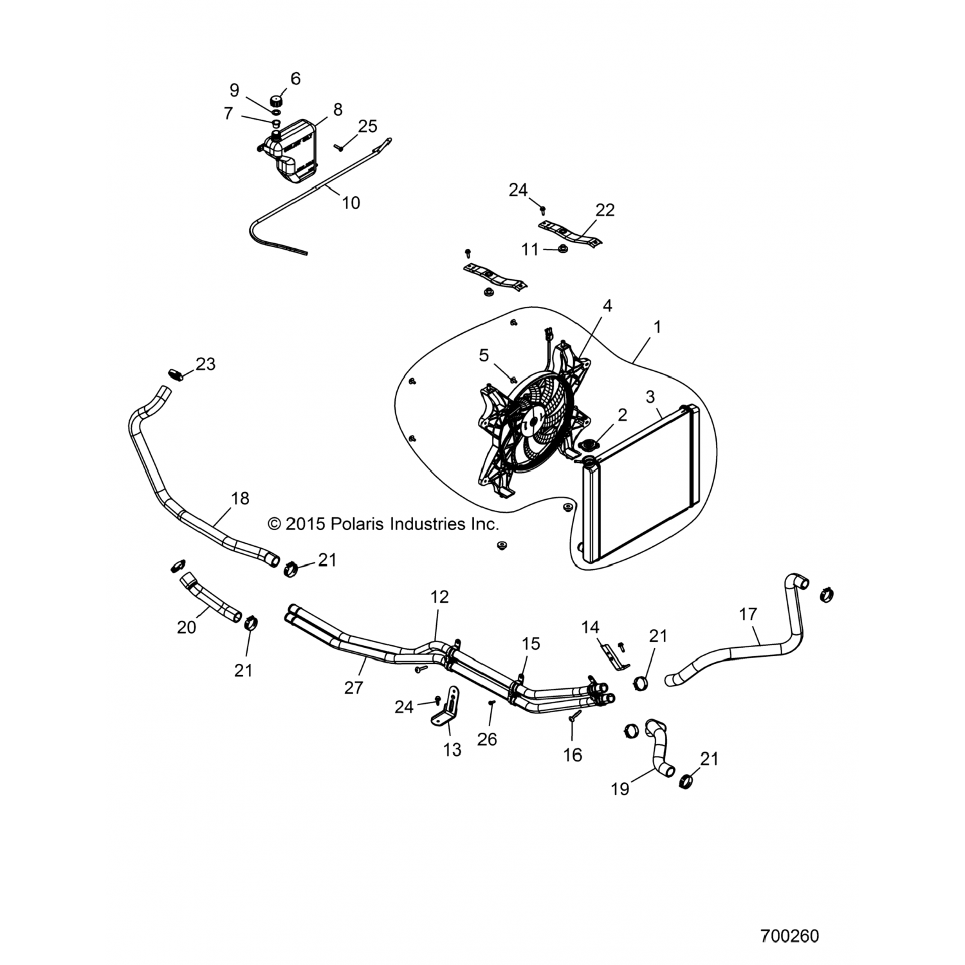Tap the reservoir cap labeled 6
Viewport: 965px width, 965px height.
277,102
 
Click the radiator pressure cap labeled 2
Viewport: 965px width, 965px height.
589,446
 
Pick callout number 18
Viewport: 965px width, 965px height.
240,499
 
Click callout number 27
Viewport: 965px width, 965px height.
353,688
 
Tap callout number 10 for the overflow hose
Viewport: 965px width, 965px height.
351,203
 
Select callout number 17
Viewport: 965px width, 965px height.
748,614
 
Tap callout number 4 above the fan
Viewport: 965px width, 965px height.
607,306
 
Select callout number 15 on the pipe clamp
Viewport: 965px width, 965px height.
531,644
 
